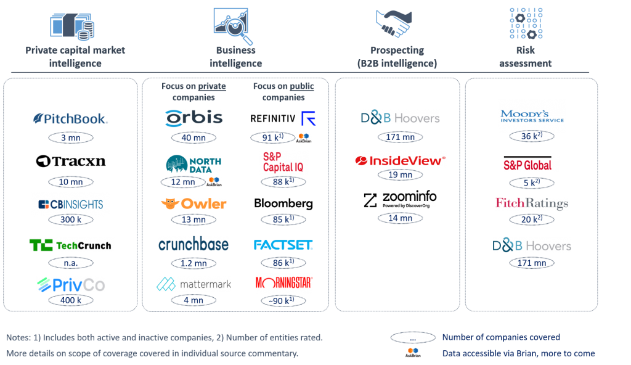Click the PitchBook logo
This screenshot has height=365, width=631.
(71, 118)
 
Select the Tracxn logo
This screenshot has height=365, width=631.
(71, 161)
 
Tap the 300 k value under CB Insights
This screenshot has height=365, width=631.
(71, 219)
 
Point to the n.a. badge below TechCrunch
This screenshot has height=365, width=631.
(71, 263)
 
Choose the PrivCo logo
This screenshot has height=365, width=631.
(71, 284)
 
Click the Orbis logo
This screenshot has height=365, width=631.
(193, 118)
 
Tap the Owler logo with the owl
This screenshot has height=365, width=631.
(193, 203)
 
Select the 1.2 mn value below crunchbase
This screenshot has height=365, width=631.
(193, 263)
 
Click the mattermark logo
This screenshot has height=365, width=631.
(193, 284)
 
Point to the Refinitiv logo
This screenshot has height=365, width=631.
(283, 118)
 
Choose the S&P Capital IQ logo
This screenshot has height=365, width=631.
(283, 162)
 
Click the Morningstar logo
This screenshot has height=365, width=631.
(284, 284)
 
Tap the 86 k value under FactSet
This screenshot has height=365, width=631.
(283, 263)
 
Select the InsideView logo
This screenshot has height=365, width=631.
(400, 160)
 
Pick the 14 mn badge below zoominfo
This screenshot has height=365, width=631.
(400, 218)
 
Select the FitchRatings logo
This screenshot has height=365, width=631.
(531, 203)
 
